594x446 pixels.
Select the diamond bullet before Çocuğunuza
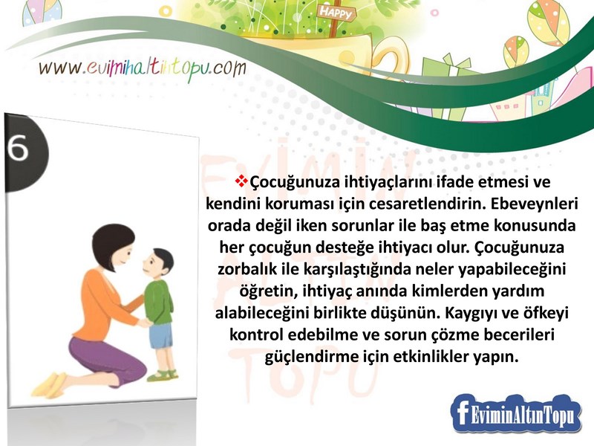(x=240, y=181)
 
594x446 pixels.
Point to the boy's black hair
(x=162, y=259)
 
